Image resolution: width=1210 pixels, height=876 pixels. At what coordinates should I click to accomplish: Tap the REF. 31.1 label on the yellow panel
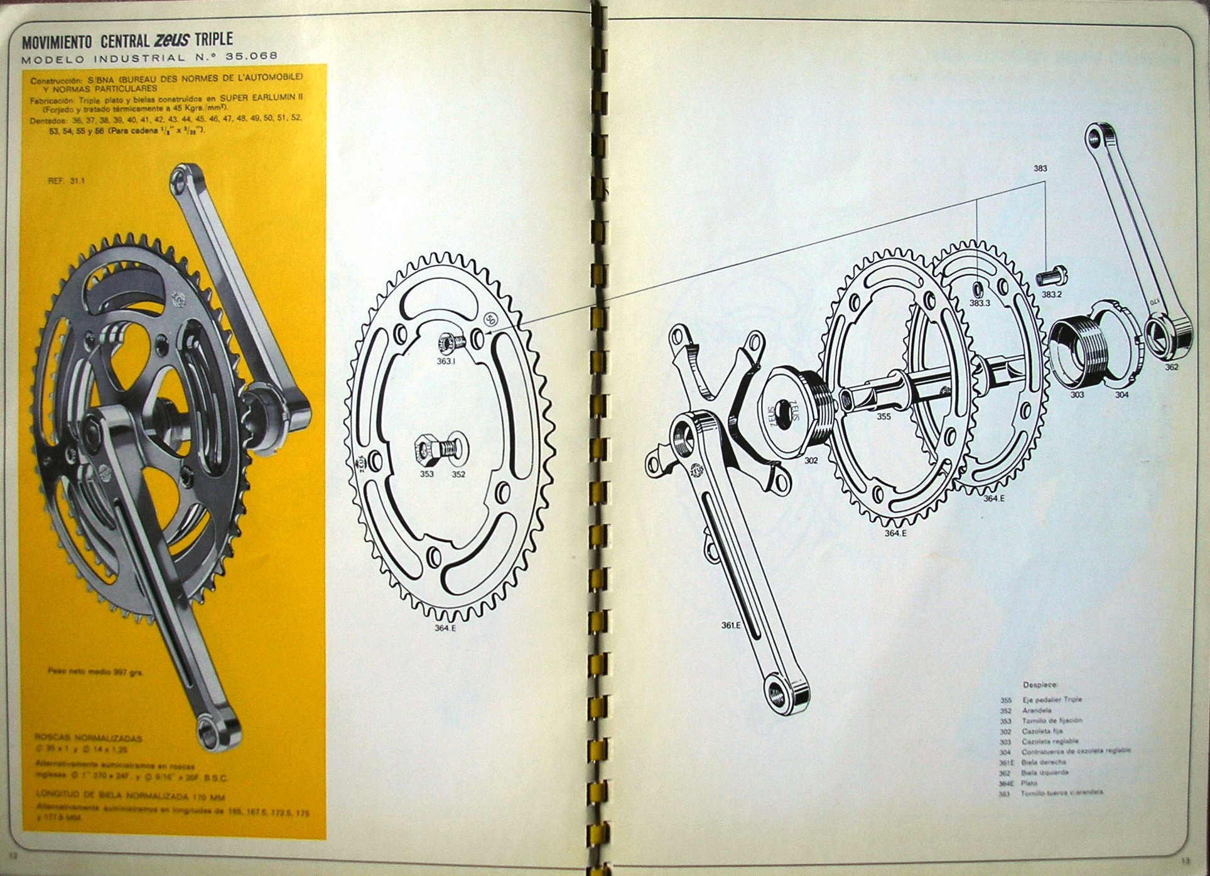tap(61, 180)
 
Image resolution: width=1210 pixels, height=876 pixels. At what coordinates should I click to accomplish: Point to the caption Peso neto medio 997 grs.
tap(97, 671)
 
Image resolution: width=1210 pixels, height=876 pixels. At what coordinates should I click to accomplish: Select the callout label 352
tap(458, 474)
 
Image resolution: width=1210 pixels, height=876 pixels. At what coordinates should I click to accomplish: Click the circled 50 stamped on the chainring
tap(490, 318)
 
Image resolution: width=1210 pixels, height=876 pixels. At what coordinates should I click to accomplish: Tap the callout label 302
tap(811, 460)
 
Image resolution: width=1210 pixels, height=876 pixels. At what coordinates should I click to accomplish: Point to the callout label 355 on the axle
tap(883, 416)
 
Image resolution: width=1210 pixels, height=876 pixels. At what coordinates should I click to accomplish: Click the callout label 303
tap(1078, 395)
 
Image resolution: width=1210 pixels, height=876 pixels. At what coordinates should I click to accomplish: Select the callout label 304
tap(1122, 395)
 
